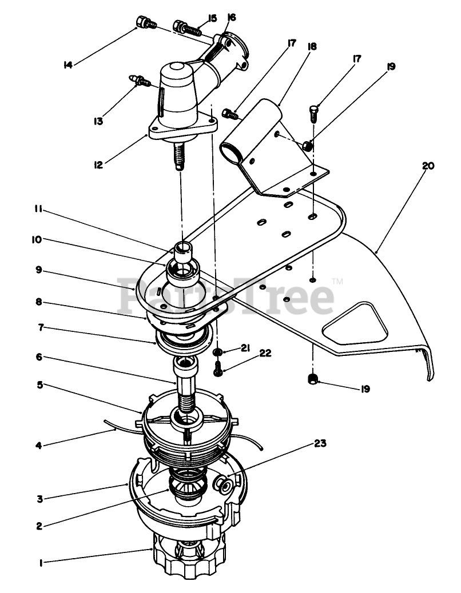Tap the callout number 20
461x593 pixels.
[427, 166]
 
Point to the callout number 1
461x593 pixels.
[41, 562]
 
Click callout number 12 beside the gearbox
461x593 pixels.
[98, 165]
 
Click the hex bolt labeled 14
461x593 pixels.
[142, 23]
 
